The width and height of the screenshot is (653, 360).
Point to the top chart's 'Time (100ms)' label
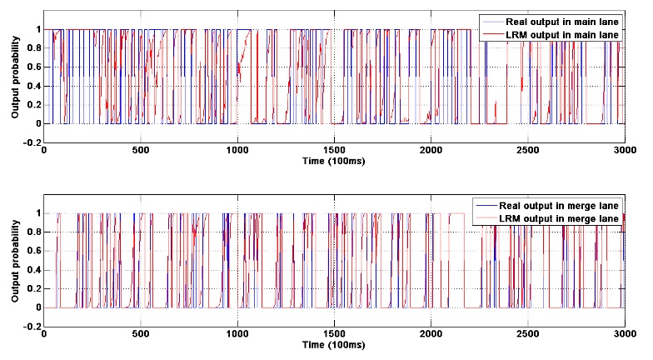(334, 159)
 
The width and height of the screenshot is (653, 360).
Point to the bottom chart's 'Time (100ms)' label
(334, 343)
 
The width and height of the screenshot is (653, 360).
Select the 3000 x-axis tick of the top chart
(624, 150)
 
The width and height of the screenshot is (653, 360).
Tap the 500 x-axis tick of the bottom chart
(141, 333)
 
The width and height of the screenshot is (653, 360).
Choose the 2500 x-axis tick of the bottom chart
(527, 333)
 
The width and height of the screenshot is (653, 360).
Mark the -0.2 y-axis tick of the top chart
(32, 142)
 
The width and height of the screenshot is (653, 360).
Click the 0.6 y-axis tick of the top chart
(32, 67)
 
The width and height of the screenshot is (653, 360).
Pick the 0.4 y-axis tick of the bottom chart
(32, 270)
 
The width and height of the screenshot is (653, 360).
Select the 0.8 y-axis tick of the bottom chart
(32, 232)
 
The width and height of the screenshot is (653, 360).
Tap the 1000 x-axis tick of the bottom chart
(237, 333)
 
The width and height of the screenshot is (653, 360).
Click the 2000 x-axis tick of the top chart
(431, 150)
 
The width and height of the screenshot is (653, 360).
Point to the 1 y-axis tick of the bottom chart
(37, 213)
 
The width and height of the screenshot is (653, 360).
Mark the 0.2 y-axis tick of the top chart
(32, 105)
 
